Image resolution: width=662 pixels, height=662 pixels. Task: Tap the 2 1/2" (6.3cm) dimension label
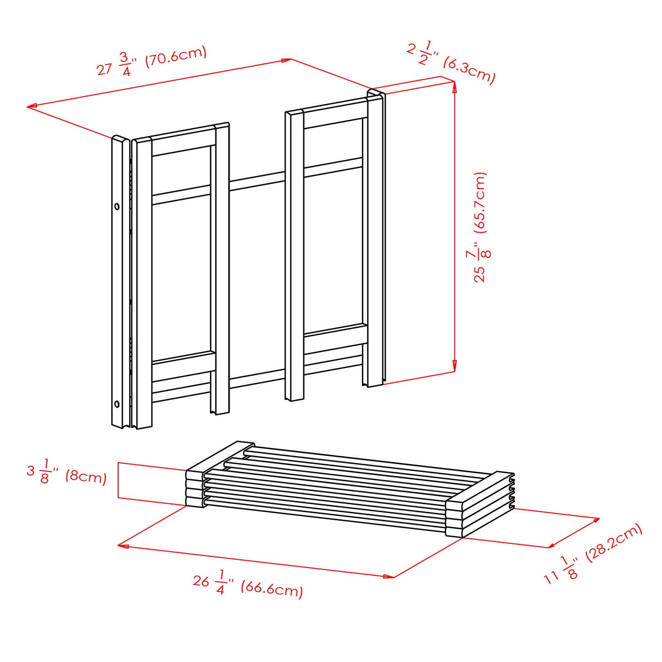coord(451,63)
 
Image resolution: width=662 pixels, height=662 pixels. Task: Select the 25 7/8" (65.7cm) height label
coord(480,227)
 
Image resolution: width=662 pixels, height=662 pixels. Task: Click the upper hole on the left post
coord(117,207)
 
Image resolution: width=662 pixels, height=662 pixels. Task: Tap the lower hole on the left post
coord(117,404)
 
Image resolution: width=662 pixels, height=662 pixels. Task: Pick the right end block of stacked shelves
coord(479,504)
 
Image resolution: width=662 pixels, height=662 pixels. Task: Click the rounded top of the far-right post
coord(376,93)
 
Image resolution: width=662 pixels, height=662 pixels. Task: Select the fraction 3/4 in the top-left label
coord(126,64)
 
